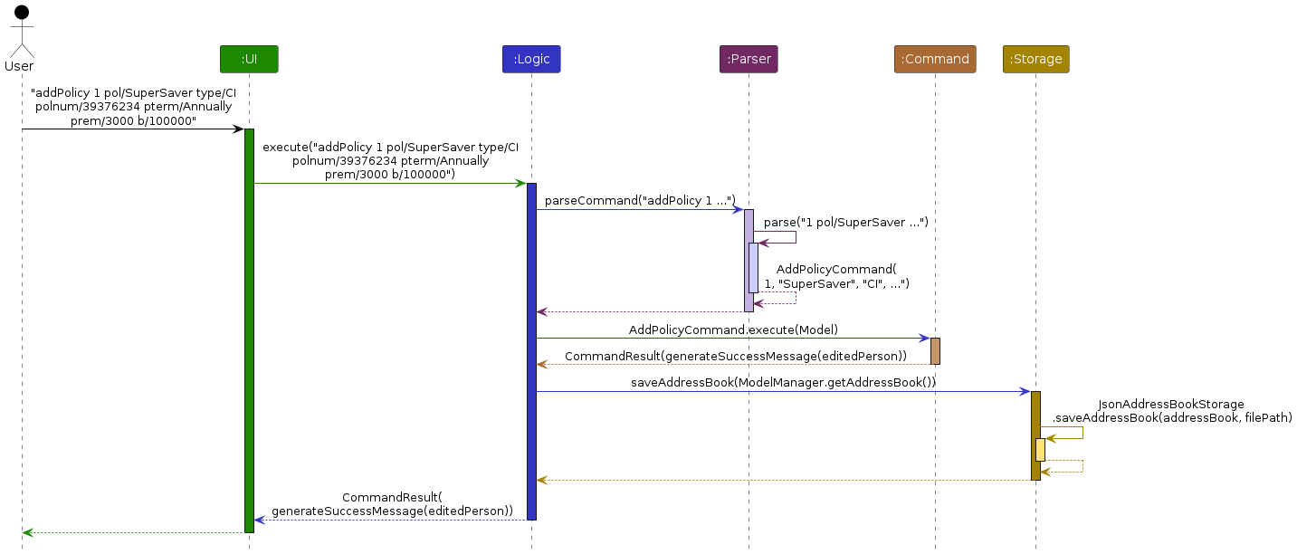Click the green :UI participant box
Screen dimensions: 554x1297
[249, 59]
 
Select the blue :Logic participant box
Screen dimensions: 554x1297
[531, 59]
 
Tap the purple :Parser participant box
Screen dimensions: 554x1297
[749, 59]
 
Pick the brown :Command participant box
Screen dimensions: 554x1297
[935, 59]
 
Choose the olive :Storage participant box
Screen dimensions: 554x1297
[1035, 59]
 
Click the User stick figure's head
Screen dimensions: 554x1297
[22, 12]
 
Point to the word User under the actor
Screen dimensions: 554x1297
[19, 66]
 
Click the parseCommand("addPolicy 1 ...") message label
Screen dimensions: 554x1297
[640, 200]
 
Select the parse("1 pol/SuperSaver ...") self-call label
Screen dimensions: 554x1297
[845, 222]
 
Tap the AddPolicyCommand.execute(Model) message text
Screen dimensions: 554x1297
[734, 330]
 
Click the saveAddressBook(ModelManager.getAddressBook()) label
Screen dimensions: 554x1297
[783, 382]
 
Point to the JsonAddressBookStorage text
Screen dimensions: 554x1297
[1170, 404]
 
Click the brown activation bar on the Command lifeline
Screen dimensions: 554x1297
[935, 350]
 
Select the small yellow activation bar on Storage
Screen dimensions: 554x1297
[1040, 449]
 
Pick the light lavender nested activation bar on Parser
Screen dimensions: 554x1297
[753, 267]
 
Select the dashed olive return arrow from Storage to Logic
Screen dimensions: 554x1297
[783, 480]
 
